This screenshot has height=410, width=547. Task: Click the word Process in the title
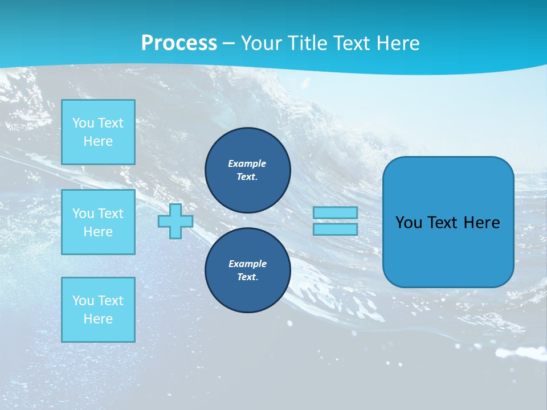[x=179, y=43]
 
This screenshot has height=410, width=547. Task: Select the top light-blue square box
[x=98, y=132]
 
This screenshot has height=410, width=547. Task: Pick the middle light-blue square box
[x=98, y=222]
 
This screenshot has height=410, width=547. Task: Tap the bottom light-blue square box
[x=98, y=310]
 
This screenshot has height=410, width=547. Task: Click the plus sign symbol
[x=175, y=221]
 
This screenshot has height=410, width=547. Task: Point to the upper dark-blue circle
[x=248, y=170]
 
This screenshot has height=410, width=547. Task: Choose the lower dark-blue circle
[x=248, y=270]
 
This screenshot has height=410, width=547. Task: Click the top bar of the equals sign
[x=335, y=213]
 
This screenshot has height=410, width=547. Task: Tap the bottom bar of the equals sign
[x=335, y=229]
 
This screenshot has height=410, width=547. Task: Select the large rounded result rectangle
[x=448, y=222]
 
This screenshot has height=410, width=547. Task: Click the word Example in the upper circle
[x=247, y=163]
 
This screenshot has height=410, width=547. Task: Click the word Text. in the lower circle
[x=247, y=277]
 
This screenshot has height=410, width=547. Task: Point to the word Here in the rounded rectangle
[x=481, y=223]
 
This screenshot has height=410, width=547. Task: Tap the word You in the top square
[x=83, y=123]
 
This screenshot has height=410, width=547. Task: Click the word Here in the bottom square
[x=98, y=319]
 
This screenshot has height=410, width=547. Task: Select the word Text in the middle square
[x=110, y=214]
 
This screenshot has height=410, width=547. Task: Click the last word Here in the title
[x=399, y=43]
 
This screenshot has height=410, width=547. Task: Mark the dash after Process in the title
[x=228, y=43]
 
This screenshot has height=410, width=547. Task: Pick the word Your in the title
[x=260, y=43]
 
